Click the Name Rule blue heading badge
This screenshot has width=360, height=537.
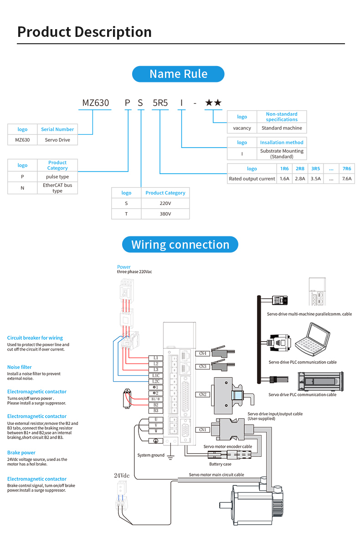pyautogui.click(x=178, y=74)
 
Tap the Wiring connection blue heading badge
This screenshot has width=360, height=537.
pyautogui.click(x=180, y=245)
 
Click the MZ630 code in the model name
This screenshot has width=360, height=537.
pyautogui.click(x=96, y=103)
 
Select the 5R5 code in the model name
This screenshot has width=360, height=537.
pyautogui.click(x=160, y=103)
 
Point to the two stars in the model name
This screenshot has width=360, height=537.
pyautogui.click(x=213, y=103)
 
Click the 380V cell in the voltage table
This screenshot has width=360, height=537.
pyautogui.click(x=165, y=214)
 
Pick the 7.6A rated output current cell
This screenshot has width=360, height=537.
pyautogui.click(x=347, y=179)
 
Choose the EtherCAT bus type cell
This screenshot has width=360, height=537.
pyautogui.click(x=57, y=188)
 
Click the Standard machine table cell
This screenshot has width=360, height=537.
pyautogui.click(x=282, y=128)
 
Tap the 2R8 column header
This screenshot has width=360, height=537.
pyautogui.click(x=300, y=169)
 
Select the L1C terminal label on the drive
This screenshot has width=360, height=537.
pyautogui.click(x=156, y=375)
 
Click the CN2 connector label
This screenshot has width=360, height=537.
pyautogui.click(x=203, y=394)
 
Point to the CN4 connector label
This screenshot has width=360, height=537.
pyautogui.click(x=203, y=353)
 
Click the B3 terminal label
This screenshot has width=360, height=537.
pyautogui.click(x=156, y=411)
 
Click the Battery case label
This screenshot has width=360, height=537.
pyautogui.click(x=220, y=464)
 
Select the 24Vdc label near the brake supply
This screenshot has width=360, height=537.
pyautogui.click(x=122, y=476)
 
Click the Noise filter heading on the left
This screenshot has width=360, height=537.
pyautogui.click(x=20, y=367)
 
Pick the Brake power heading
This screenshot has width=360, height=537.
pyautogui.click(x=21, y=453)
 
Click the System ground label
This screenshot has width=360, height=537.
pyautogui.click(x=151, y=455)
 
